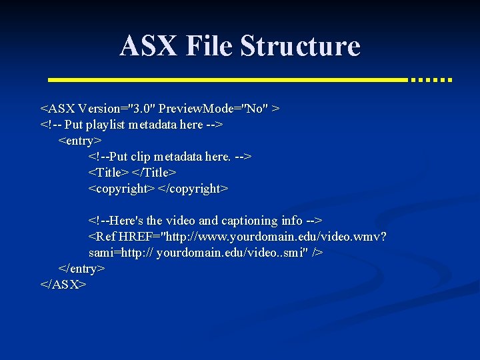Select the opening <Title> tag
(109, 173)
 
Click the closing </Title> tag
(154, 173)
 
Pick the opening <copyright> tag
(121, 189)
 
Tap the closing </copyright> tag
(193, 189)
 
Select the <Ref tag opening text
(102, 237)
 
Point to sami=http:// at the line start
(121, 253)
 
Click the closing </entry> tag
(81, 269)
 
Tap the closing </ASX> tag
(63, 285)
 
